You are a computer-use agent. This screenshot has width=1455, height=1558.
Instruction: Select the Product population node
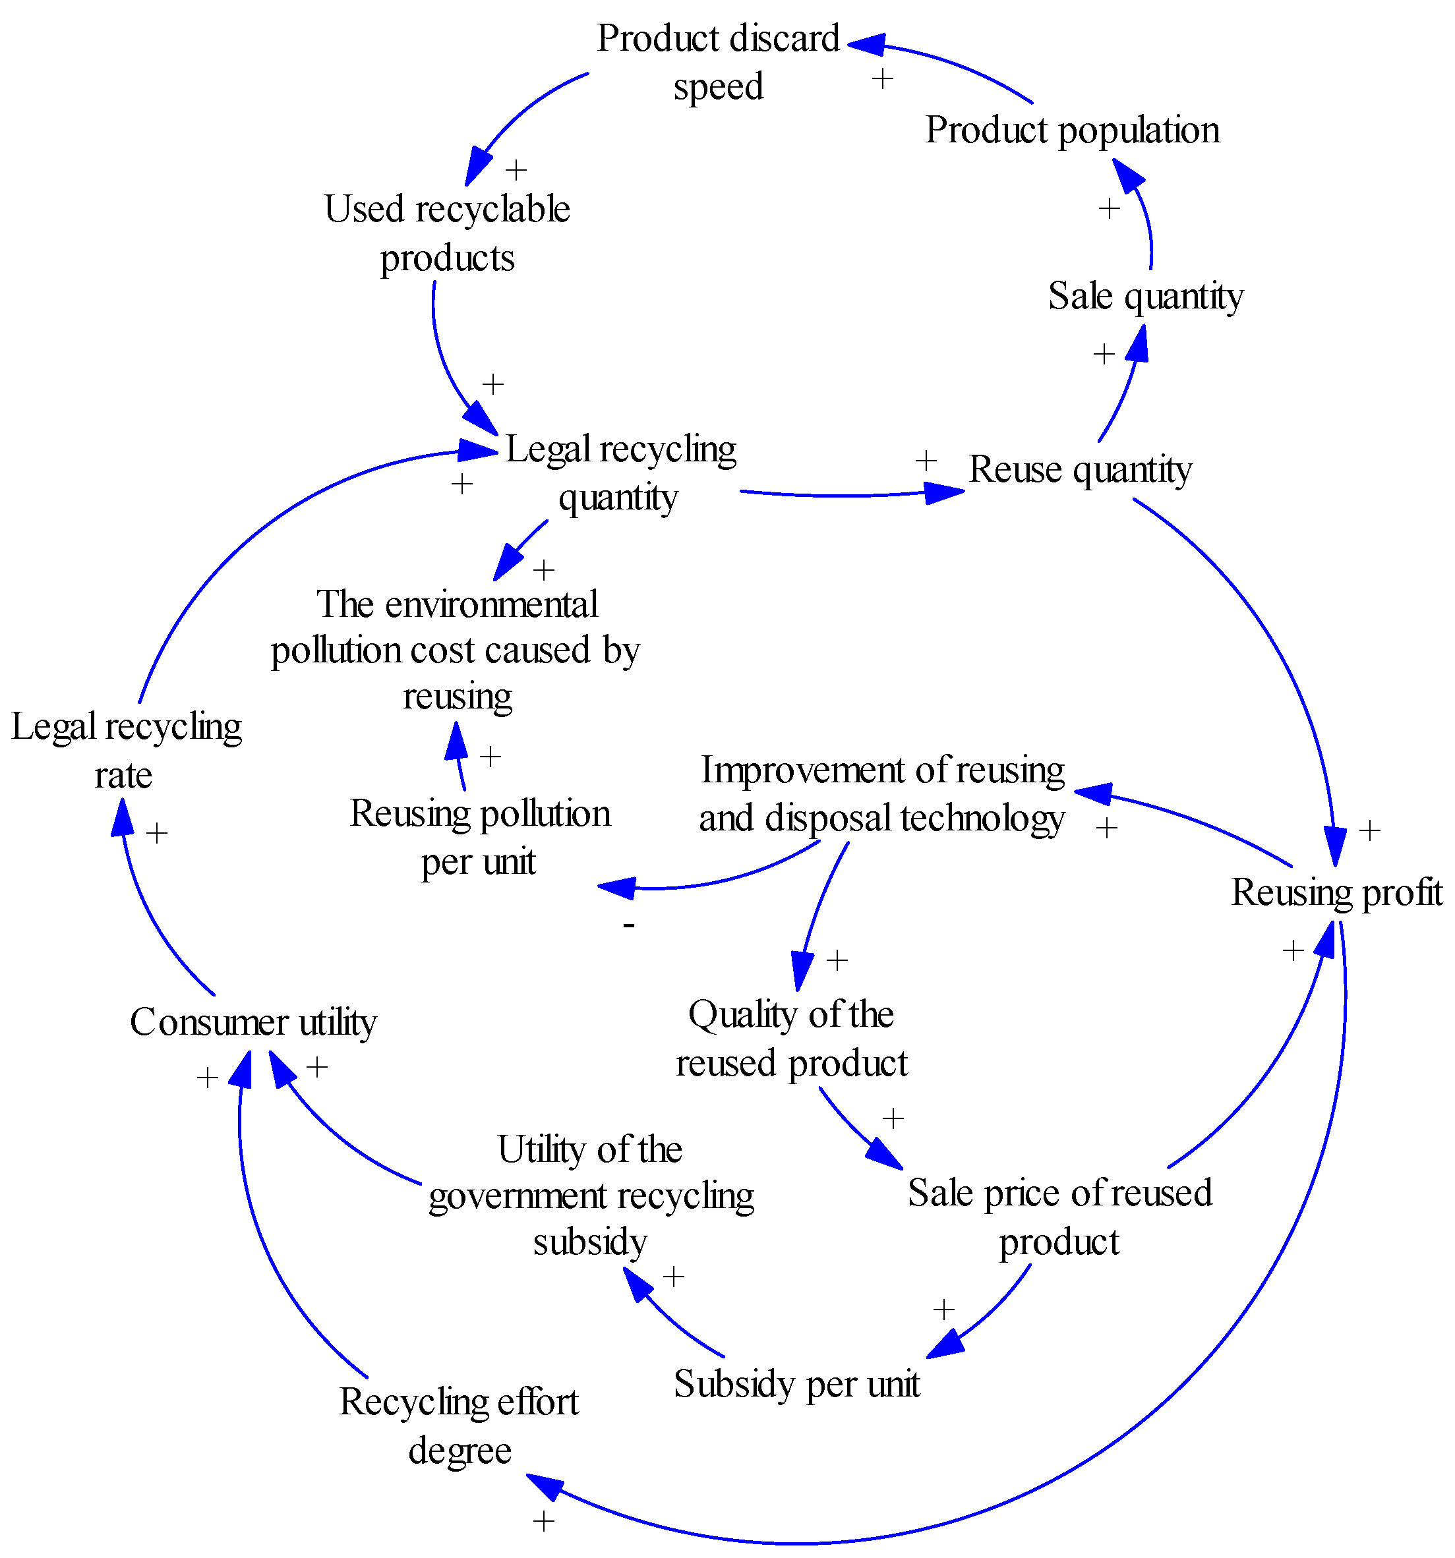click(1072, 130)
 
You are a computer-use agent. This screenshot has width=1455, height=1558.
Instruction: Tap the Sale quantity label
click(1144, 296)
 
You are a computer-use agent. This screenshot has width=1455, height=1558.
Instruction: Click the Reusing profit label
click(1336, 892)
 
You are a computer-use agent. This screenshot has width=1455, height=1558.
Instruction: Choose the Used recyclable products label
click(447, 233)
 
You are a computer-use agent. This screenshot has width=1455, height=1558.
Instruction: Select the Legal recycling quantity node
click(619, 473)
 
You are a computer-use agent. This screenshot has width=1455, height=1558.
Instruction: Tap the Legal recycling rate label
click(125, 750)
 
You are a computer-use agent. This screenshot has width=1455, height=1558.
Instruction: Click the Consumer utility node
click(252, 1022)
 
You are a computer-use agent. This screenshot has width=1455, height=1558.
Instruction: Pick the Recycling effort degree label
click(459, 1426)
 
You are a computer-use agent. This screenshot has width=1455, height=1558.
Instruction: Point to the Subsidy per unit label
click(796, 1383)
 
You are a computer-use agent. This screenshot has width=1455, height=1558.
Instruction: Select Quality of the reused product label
click(790, 1039)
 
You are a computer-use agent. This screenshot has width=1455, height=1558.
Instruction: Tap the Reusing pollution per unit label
click(479, 837)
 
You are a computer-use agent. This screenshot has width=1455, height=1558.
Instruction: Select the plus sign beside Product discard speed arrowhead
click(882, 78)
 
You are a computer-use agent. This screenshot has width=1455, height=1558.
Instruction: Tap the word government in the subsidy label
click(518, 1196)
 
